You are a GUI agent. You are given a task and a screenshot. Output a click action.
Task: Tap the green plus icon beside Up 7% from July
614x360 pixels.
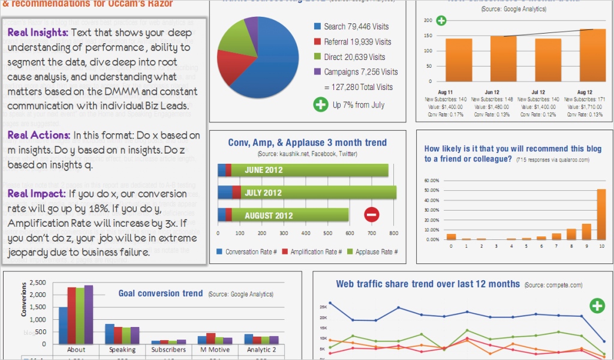click(x=321, y=105)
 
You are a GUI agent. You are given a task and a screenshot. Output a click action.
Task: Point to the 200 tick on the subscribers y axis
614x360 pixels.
click(x=428, y=20)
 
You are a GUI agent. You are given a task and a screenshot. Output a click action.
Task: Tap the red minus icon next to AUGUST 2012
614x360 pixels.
click(x=372, y=215)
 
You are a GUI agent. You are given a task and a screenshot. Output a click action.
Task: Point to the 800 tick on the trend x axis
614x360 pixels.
click(x=393, y=234)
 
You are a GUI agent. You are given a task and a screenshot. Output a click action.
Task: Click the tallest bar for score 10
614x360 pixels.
click(x=601, y=214)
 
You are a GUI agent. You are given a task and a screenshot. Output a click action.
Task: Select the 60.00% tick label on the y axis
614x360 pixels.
click(x=432, y=181)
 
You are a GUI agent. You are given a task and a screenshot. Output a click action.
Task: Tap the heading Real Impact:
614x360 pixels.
click(x=36, y=194)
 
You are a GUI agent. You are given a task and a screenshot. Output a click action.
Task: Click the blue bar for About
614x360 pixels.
click(x=63, y=325)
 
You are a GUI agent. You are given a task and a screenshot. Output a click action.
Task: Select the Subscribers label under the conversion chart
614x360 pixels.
click(x=168, y=350)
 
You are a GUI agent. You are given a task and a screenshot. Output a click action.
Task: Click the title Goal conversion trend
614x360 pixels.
click(x=160, y=293)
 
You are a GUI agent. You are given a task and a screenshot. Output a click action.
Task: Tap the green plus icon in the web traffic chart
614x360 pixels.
click(x=597, y=305)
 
